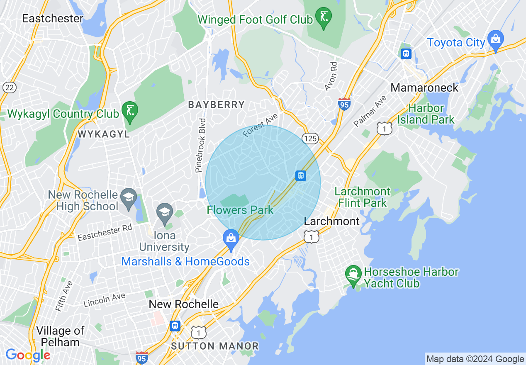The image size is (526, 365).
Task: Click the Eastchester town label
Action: [x=53, y=19]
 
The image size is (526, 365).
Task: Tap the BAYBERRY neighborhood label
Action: [x=216, y=105]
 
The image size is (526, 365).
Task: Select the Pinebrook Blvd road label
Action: [x=202, y=145]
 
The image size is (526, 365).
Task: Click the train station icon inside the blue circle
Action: [x=301, y=175]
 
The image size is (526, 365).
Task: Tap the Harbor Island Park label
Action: [x=426, y=114]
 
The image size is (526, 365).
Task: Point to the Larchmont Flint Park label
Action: [x=363, y=197]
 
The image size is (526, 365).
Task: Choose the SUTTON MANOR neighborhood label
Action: [x=215, y=346]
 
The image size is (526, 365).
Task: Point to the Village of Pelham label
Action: [x=60, y=336]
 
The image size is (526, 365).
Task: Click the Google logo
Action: [x=28, y=355]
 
